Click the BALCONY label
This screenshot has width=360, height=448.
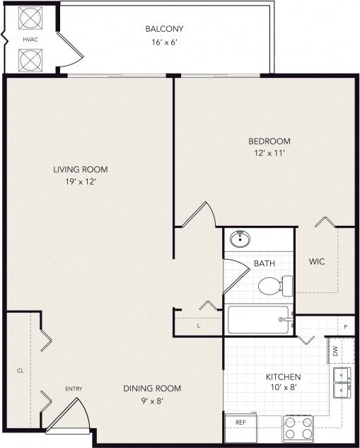[164, 29]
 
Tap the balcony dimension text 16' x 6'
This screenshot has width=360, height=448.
[164, 42]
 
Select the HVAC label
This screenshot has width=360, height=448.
[30, 39]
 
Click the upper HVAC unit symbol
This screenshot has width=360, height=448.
[30, 18]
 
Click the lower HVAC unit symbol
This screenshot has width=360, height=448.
[30, 60]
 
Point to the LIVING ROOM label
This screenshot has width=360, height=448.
[80, 169]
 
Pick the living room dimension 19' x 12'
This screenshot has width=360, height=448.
[80, 182]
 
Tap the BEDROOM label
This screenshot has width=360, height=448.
[270, 141]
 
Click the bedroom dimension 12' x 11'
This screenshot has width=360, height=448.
[270, 154]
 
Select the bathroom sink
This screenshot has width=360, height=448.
[240, 239]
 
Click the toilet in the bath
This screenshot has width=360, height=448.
[274, 286]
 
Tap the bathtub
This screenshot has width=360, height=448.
[259, 320]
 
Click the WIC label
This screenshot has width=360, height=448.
[317, 261]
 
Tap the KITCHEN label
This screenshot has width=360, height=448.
[283, 377]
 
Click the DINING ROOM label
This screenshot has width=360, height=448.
[152, 388]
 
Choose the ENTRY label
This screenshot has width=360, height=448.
[74, 389]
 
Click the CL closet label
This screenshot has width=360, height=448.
[20, 370]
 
